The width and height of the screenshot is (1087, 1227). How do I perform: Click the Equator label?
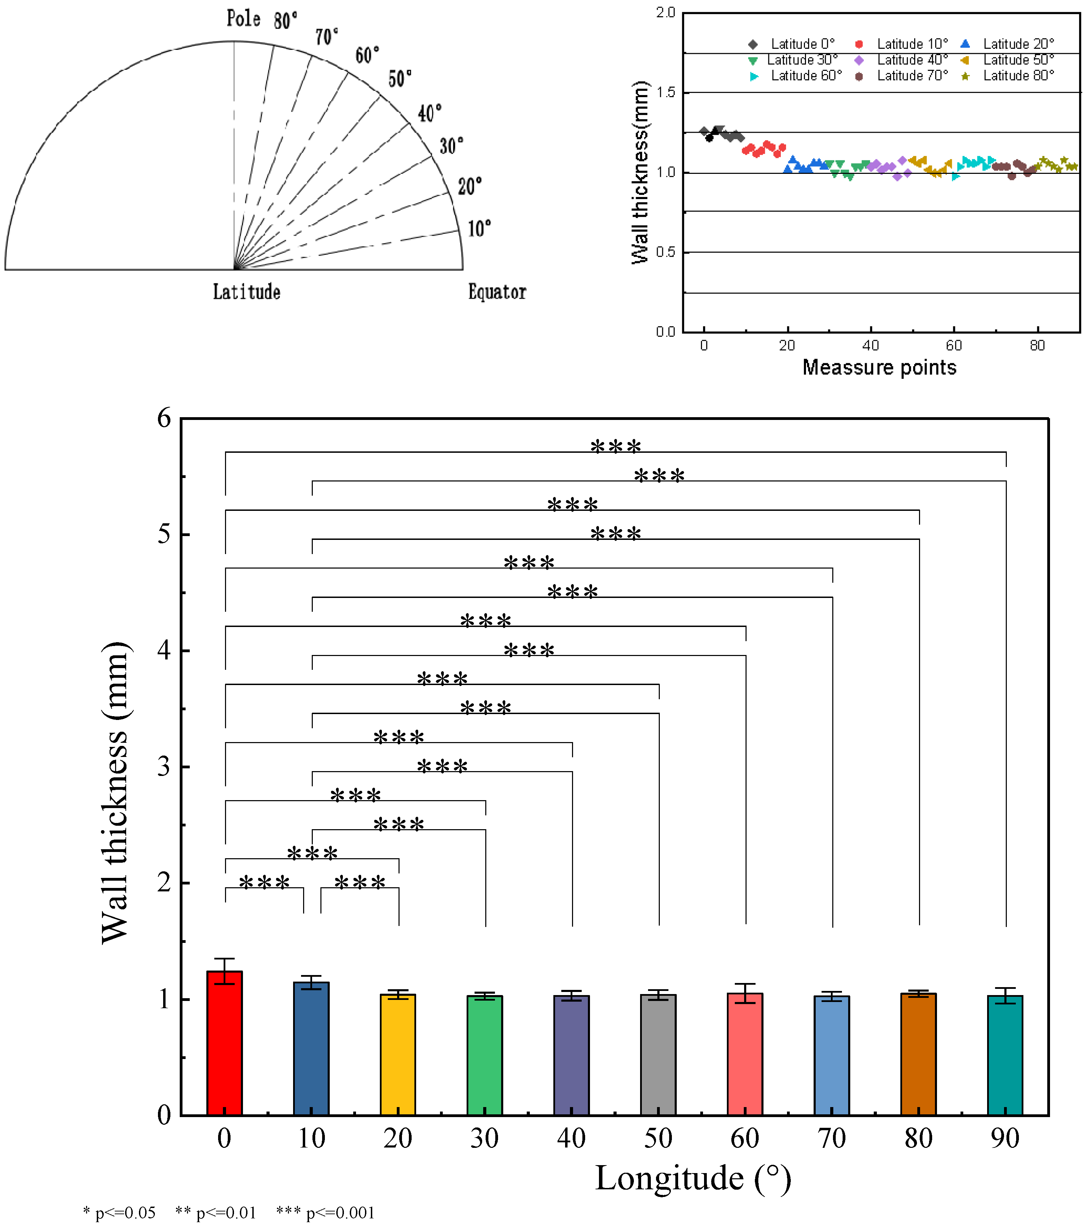pos(497,292)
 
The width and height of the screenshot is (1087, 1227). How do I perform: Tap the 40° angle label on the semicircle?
pos(430,113)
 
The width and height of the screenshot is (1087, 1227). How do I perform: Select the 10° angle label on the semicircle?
pos(479,229)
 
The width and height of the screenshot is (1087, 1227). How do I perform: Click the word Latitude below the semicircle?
pos(247,292)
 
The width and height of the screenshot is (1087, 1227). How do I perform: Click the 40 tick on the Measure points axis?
pos(870,346)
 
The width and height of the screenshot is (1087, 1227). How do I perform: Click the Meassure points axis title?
pos(879,367)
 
